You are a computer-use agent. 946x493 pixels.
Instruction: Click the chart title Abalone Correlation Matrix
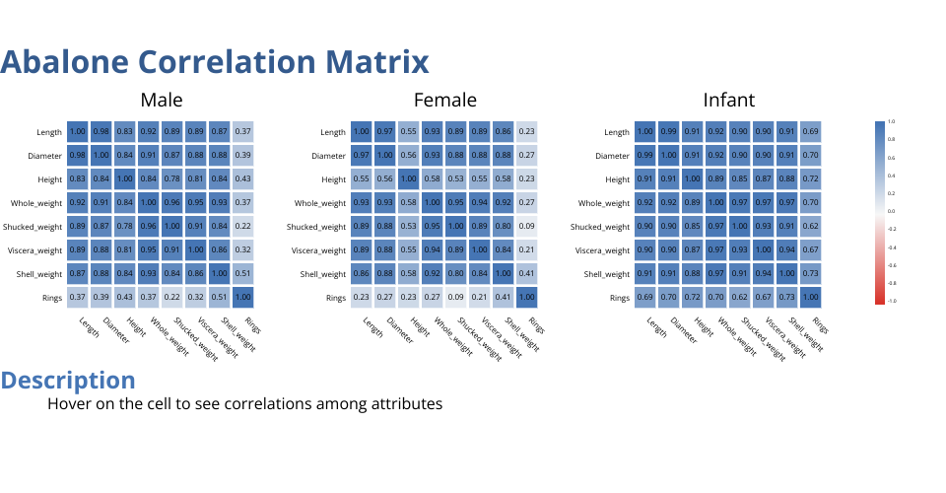215,62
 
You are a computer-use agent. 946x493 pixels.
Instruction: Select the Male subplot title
162,100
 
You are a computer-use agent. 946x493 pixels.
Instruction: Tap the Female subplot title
444,100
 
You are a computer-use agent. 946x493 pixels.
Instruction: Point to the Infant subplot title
729,100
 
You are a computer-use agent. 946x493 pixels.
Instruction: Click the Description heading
68,381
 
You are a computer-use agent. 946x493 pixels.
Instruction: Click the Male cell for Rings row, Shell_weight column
219,298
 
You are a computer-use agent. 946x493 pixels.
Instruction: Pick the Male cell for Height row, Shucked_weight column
171,179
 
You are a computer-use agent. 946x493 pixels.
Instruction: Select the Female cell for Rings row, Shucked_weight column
455,298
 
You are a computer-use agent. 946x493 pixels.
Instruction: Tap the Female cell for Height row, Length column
362,179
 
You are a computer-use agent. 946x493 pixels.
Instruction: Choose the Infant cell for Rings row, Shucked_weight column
739,298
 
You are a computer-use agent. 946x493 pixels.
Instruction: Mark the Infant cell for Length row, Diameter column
669,132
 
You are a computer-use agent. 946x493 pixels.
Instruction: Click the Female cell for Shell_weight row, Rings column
526,274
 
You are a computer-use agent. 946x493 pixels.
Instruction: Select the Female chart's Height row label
333,179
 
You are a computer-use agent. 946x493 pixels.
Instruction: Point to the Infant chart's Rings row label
619,298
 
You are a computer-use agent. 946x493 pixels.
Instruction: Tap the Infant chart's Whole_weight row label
603,203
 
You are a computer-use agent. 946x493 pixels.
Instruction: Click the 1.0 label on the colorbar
891,121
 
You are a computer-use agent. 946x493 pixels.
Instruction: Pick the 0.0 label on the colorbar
891,211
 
